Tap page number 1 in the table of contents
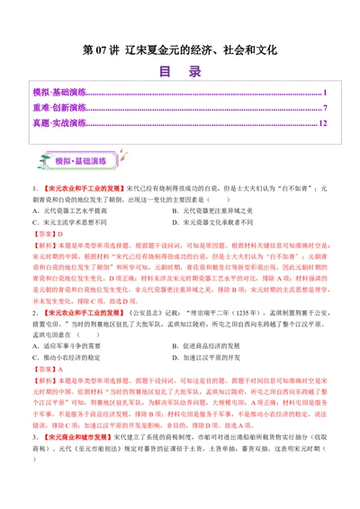pyautogui.click(x=325, y=93)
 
